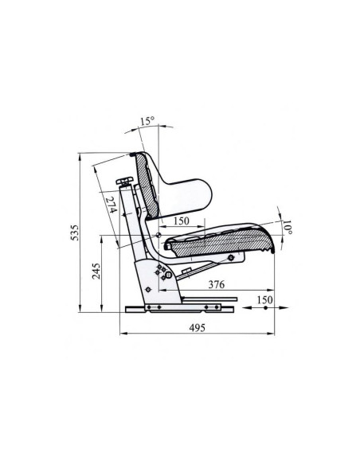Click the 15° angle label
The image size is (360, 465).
pyautogui.click(x=146, y=122)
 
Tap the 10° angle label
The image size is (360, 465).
pyautogui.click(x=287, y=227)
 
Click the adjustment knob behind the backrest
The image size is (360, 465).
pyautogui.click(x=123, y=183)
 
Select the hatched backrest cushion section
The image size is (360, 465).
pyautogui.click(x=144, y=183)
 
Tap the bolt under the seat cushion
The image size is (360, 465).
pyautogui.click(x=232, y=257)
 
